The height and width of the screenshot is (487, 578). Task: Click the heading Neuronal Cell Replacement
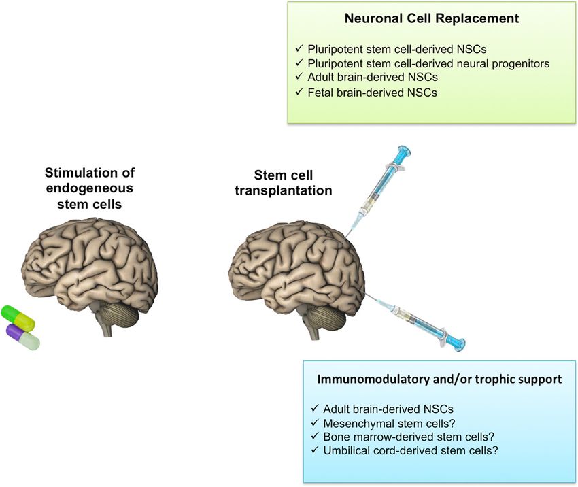click(432, 18)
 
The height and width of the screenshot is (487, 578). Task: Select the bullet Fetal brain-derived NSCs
click(373, 93)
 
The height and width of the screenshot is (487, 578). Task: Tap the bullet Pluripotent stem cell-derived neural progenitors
click(428, 63)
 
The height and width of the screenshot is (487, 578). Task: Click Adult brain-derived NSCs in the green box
click(373, 77)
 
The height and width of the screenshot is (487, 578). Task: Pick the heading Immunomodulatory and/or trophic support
click(439, 380)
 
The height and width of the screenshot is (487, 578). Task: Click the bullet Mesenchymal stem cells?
click(389, 423)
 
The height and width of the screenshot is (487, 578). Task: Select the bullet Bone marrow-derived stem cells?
click(409, 437)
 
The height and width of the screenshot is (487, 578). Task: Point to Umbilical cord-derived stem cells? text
click(411, 450)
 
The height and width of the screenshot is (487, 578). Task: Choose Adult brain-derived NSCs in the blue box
click(388, 409)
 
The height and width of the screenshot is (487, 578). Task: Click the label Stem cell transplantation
click(284, 183)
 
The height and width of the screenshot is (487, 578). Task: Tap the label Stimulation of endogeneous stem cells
click(90, 188)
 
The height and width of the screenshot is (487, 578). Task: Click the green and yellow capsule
click(18, 317)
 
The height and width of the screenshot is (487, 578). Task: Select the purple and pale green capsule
click(23, 337)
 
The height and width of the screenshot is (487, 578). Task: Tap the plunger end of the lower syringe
click(459, 344)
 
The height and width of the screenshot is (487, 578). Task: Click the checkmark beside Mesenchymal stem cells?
click(314, 422)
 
